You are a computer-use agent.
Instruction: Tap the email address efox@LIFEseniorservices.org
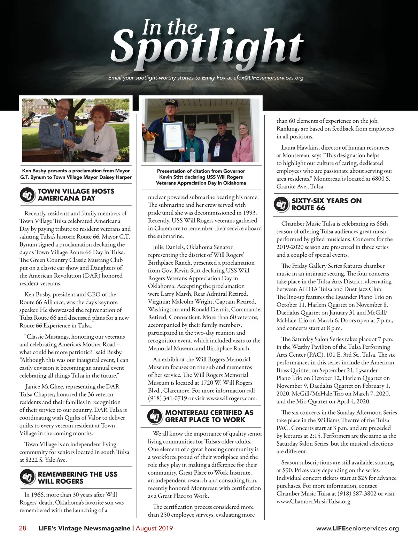[268, 78]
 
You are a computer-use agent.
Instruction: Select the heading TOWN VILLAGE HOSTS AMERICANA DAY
[76, 195]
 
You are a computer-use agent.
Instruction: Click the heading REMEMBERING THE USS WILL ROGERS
[77, 478]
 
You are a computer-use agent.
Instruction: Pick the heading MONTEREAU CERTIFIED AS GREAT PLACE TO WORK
[209, 416]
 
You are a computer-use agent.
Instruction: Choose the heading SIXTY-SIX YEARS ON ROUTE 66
[326, 204]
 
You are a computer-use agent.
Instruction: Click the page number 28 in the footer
[22, 528]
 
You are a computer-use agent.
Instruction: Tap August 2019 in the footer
[154, 528]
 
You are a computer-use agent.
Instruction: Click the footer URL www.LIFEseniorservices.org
[357, 528]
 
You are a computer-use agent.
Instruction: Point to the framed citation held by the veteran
[172, 138]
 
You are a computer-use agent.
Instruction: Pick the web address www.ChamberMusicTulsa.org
[313, 501]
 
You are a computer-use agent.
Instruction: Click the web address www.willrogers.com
[231, 398]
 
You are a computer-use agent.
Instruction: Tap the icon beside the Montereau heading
[155, 416]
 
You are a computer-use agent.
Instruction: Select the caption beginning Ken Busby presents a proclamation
[76, 174]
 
